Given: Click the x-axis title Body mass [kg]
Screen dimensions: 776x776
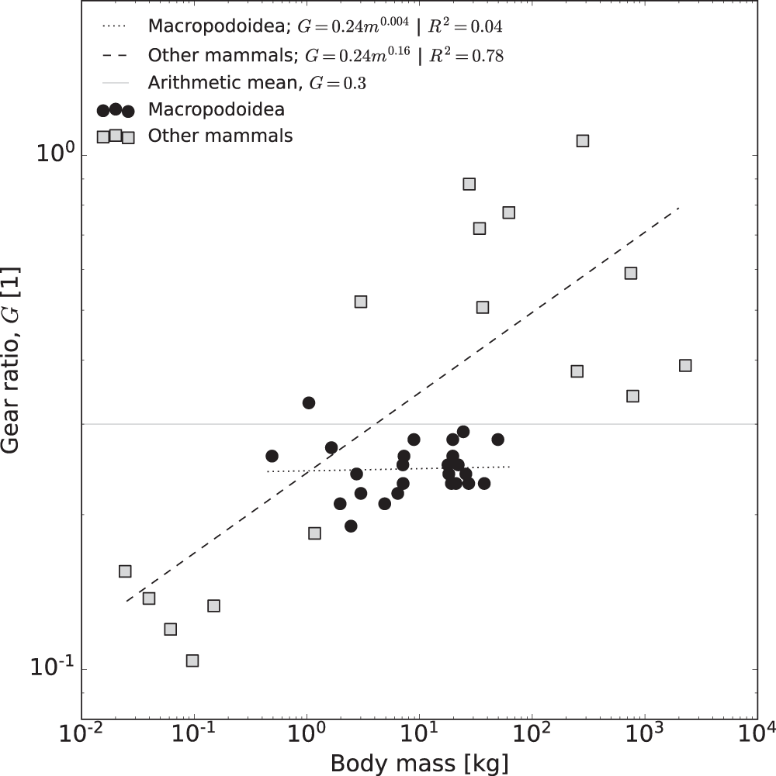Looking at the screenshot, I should click(x=420, y=762).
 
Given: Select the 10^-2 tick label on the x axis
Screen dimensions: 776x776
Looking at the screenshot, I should click(x=81, y=733).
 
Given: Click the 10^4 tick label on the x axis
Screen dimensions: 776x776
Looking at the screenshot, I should click(x=757, y=733).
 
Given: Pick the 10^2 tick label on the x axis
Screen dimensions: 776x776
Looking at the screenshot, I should click(x=532, y=733).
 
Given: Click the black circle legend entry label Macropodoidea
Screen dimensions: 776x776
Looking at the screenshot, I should click(x=216, y=109).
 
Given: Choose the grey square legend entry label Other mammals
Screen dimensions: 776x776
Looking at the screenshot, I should click(x=220, y=136).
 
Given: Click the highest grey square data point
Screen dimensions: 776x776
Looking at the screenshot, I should click(x=583, y=140).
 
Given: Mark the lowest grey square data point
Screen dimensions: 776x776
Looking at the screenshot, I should click(x=192, y=660).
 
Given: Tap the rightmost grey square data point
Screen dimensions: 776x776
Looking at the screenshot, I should click(x=685, y=365).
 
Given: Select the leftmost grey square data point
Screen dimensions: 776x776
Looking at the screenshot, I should click(x=125, y=571).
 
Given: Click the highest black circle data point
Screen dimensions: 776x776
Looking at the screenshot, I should click(x=309, y=402).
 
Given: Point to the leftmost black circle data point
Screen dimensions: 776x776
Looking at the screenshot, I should click(x=272, y=456).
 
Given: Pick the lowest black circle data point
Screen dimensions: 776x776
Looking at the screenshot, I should click(x=351, y=526).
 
